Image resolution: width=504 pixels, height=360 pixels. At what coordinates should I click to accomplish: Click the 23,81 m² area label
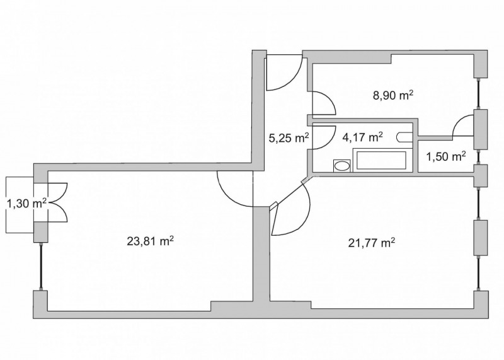[x=151, y=241]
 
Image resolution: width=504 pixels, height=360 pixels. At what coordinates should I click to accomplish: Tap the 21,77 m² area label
[x=372, y=243]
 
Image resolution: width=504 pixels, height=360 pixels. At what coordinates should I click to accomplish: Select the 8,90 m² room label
[x=392, y=96]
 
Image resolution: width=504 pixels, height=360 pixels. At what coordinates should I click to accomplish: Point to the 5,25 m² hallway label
[x=289, y=138]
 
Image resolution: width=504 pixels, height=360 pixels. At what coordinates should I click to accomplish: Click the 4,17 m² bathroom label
[x=363, y=137]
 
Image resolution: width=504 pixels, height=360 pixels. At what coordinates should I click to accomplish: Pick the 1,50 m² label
[x=446, y=157]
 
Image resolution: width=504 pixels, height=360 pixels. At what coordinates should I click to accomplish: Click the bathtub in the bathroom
[x=382, y=160]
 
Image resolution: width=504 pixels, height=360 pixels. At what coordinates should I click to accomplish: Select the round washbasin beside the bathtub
[x=341, y=166]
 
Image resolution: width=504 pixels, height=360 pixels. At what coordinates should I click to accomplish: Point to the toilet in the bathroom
[x=404, y=137]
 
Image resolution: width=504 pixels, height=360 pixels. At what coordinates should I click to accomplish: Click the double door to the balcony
[x=57, y=202]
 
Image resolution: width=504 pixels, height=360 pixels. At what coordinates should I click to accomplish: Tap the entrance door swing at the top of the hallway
[x=284, y=73]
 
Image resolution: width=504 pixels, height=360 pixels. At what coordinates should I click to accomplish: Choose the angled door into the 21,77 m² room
[x=291, y=211]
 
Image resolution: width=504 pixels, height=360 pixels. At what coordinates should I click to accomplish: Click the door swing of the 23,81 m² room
[x=235, y=189]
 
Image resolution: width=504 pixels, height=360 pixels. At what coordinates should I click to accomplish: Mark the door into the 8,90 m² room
[x=324, y=103]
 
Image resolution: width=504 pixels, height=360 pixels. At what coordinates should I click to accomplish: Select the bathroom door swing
[x=323, y=137]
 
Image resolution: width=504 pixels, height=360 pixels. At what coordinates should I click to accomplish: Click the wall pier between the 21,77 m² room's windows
[x=481, y=238]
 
